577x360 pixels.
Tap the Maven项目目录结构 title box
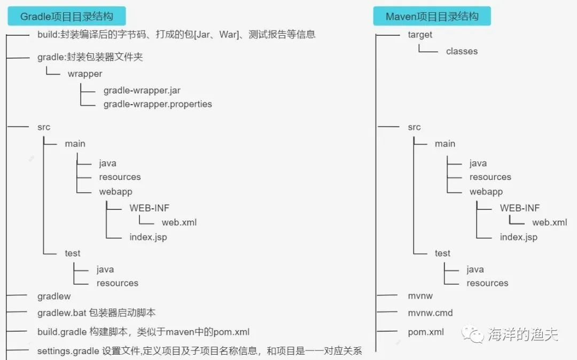[432, 17]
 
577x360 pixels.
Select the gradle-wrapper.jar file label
[142, 90]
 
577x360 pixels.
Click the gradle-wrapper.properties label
[158, 104]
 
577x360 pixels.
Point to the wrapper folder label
[85, 74]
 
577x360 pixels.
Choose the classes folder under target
[462, 51]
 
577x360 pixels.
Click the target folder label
[420, 35]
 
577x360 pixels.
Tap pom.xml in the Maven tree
[426, 332]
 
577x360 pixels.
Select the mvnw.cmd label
[430, 312]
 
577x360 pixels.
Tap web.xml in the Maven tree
[549, 222]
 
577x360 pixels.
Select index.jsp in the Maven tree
[518, 237]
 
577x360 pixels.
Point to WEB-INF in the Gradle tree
[149, 208]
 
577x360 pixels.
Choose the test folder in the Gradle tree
[73, 253]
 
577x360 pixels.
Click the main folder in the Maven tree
[445, 144]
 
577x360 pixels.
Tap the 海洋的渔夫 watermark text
[523, 335]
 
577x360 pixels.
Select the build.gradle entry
[62, 332]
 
